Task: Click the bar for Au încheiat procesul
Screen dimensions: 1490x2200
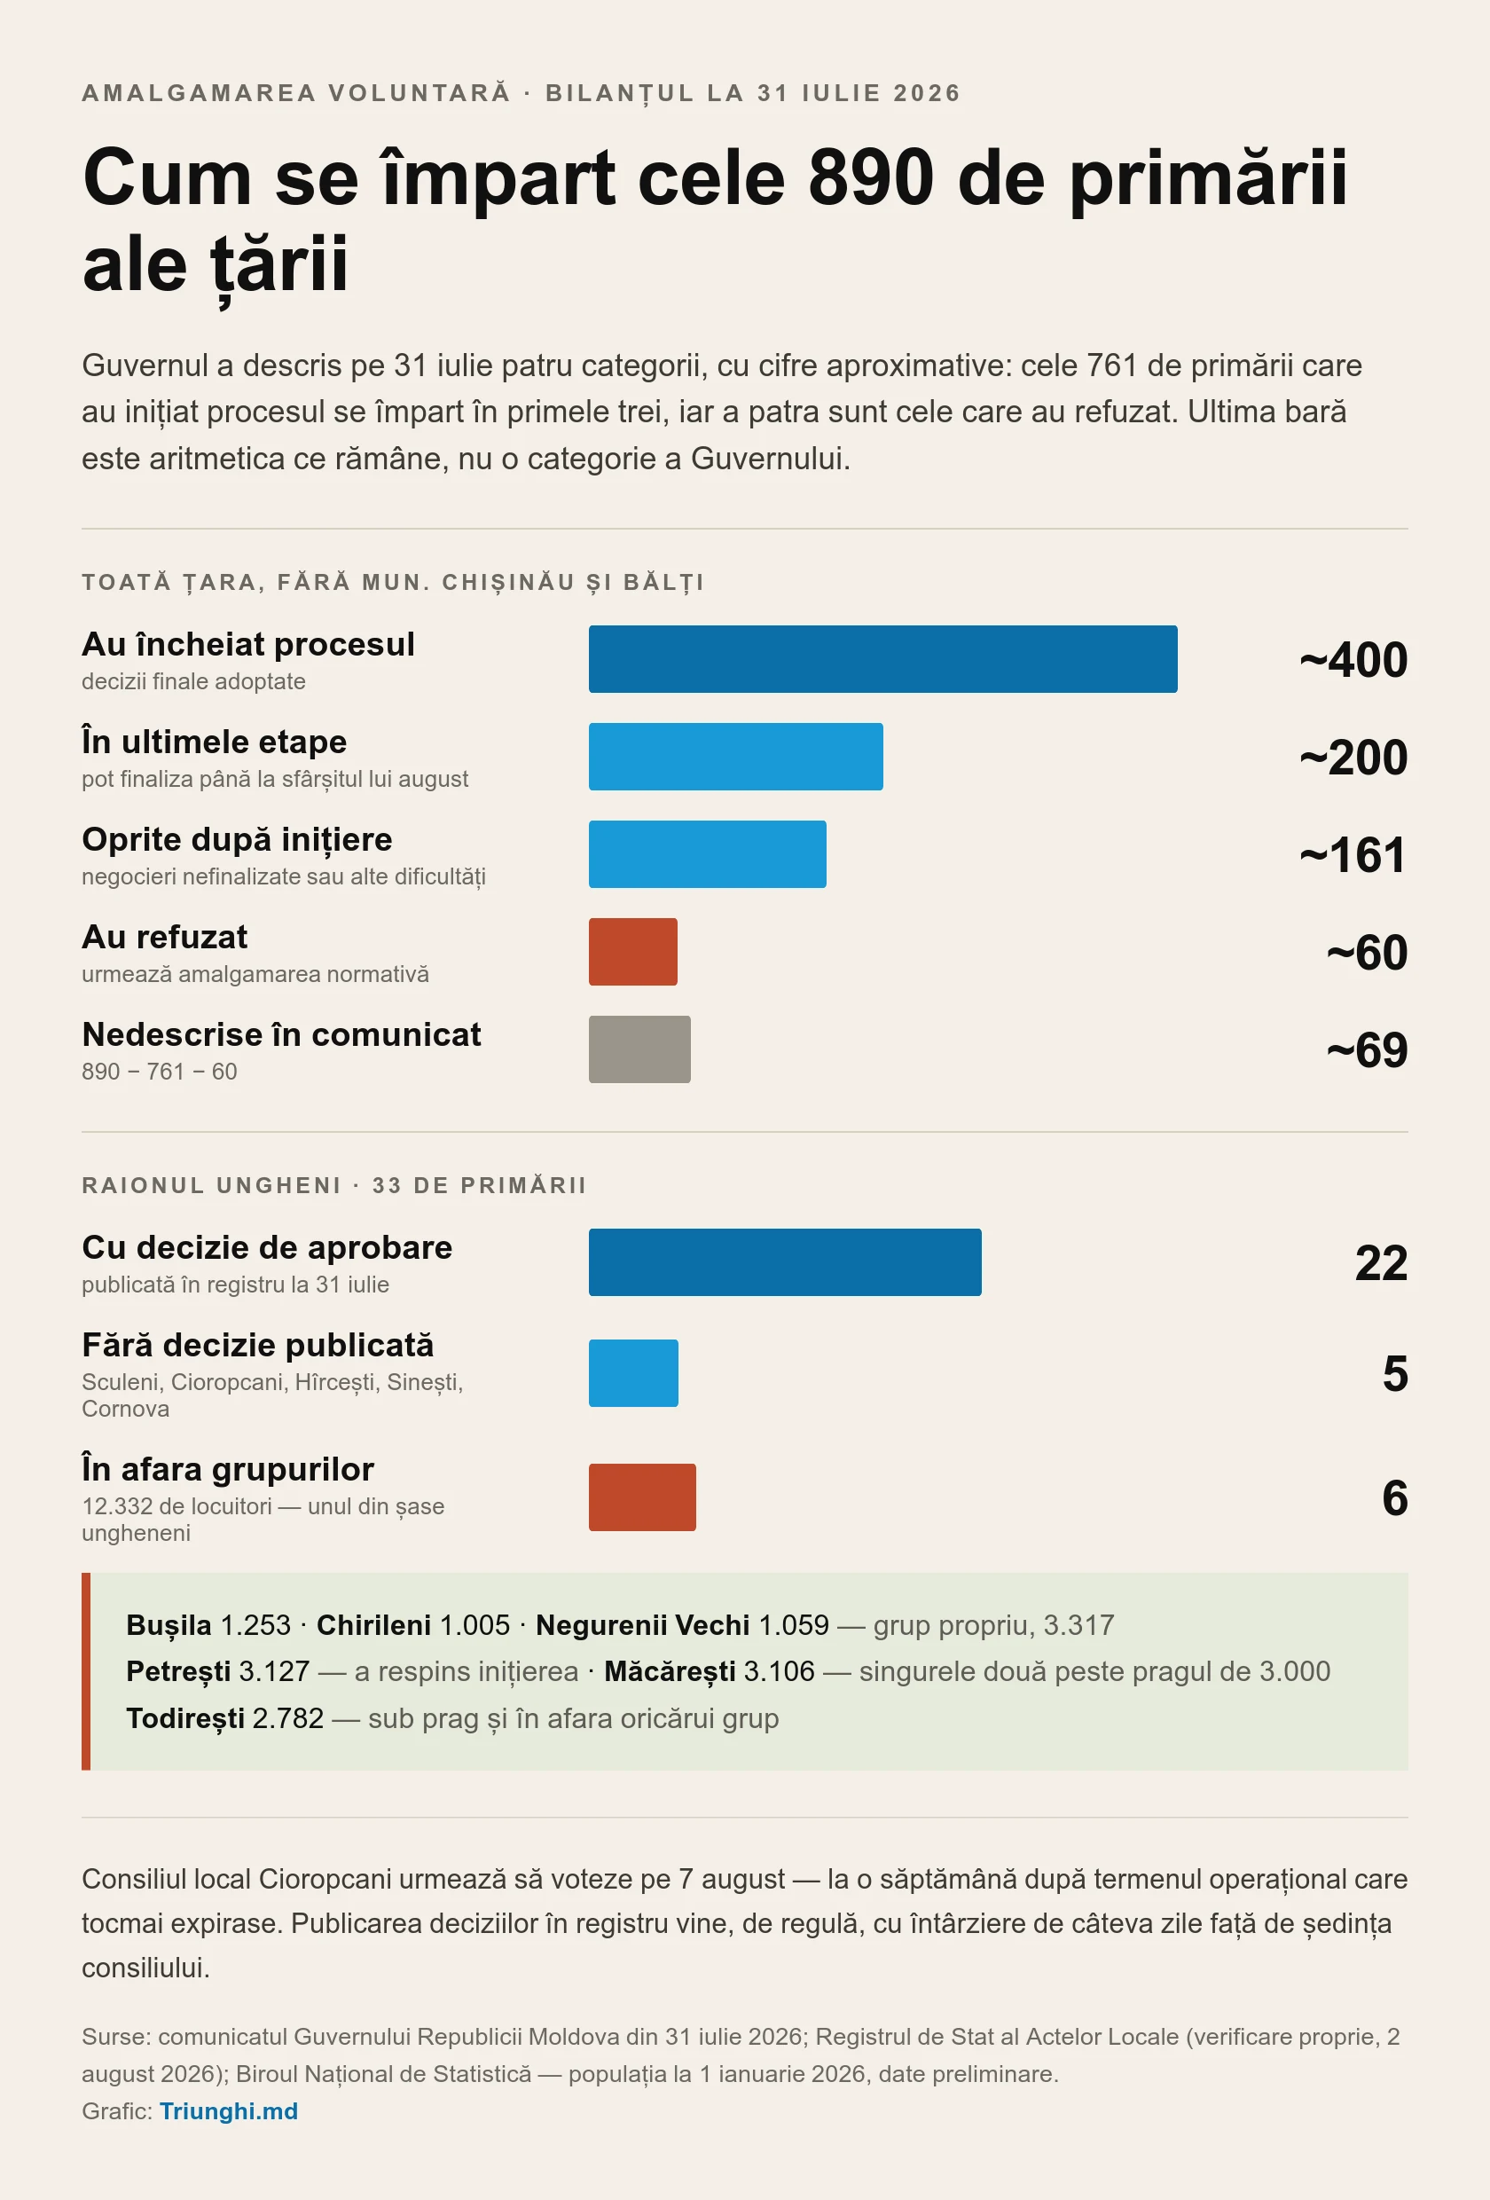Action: tap(883, 659)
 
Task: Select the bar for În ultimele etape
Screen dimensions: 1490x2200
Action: tap(735, 757)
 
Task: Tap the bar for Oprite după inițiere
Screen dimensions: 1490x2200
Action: tap(707, 854)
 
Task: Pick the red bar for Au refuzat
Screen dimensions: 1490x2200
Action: tap(633, 951)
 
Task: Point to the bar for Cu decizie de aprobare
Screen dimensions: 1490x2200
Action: tap(785, 1261)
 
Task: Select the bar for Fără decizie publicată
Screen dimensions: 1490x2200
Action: tap(633, 1372)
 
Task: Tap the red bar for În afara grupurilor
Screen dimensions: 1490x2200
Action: tap(642, 1497)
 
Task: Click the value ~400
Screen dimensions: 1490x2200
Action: tap(1353, 660)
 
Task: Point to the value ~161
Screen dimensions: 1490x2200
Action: tap(1353, 855)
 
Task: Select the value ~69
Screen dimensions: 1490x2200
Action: tap(1367, 1049)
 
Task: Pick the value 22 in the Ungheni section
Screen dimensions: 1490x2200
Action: tap(1381, 1263)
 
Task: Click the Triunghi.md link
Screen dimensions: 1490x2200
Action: tap(228, 2110)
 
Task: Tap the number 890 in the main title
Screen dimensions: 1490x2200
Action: tap(871, 177)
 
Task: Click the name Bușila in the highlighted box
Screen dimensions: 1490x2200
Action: tap(169, 1625)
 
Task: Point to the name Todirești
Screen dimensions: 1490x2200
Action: tap(184, 1718)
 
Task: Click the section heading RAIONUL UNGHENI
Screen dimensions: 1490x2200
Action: tap(211, 1185)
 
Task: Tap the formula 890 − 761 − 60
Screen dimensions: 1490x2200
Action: tap(159, 1072)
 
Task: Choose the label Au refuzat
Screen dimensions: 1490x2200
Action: tap(165, 937)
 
